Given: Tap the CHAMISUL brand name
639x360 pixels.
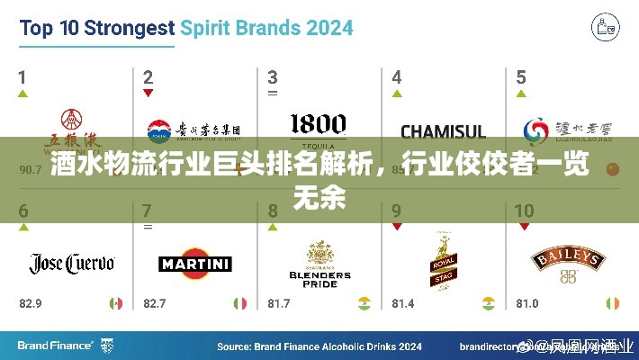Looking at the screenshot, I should (443, 132).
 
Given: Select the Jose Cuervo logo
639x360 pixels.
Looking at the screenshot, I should (72, 263).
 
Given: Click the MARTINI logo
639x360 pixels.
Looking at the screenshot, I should (195, 265).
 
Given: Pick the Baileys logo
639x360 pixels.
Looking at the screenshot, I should (567, 261).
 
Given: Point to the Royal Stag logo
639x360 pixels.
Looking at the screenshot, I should (442, 265).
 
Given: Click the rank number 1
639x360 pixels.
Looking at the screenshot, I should (22, 77).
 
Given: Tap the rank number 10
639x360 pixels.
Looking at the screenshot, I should (524, 212).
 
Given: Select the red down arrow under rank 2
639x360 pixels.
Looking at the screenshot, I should (147, 94).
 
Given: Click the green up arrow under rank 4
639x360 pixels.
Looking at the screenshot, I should (396, 94).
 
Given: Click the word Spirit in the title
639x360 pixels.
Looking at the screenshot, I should (214, 28).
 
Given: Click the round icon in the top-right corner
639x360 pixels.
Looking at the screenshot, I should (606, 28).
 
